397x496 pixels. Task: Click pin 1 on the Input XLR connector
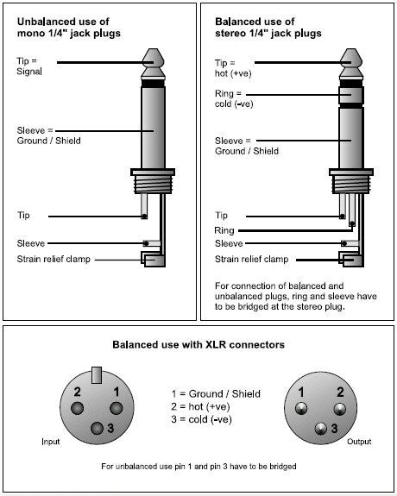coord(116,408)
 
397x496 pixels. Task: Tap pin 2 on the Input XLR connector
coord(78,408)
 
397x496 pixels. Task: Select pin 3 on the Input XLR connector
coord(97,429)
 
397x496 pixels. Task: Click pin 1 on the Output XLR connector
coord(301,408)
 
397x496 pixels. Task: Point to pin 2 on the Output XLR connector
coord(339,409)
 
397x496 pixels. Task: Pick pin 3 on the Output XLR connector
coord(321,429)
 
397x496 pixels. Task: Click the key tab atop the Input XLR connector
coord(97,375)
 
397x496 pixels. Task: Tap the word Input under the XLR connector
coord(51,442)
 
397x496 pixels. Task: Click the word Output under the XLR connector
coord(359,442)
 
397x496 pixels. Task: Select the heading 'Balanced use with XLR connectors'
coord(198,344)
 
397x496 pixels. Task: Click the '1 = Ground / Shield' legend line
coord(216,394)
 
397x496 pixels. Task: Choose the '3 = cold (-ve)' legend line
coord(202,419)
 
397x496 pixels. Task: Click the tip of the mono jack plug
coord(154,63)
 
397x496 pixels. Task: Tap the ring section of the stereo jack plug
coord(350,95)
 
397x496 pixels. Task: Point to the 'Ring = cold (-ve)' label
coord(234,98)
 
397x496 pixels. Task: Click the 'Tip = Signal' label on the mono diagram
coord(29,66)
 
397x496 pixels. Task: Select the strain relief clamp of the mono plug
coord(154,260)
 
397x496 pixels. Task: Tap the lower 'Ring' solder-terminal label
coord(224,230)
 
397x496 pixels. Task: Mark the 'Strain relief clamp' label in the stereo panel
coord(252,259)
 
